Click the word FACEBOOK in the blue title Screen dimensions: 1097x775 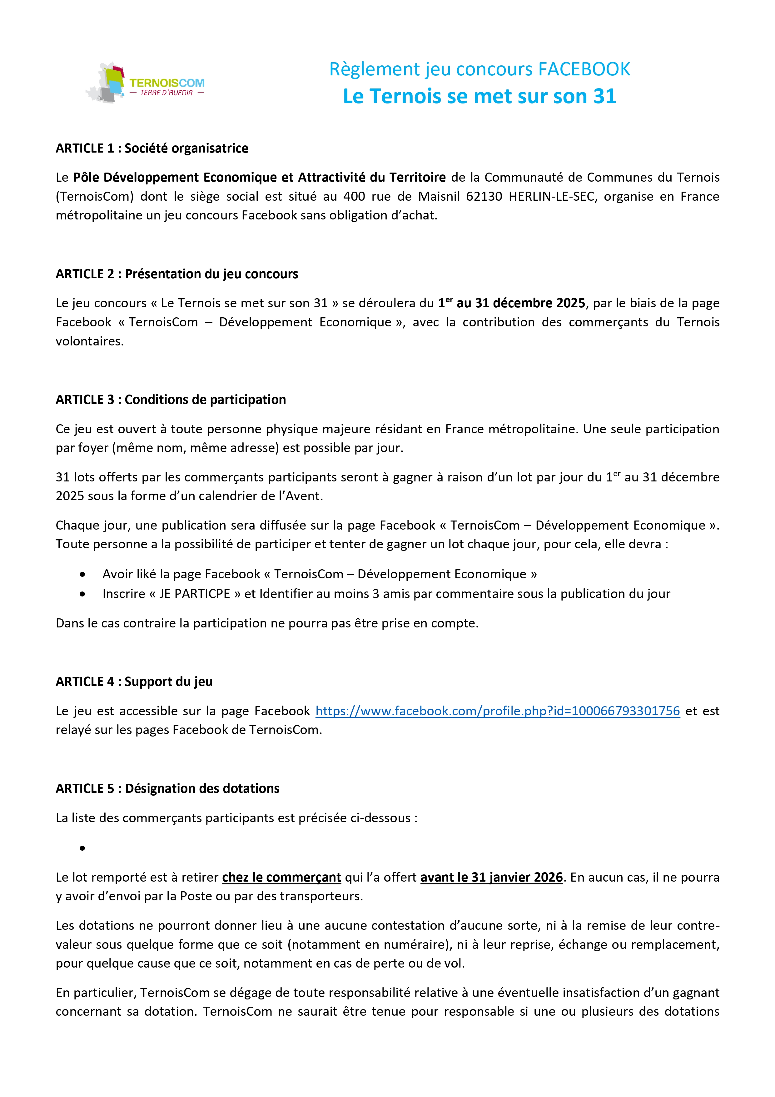[x=584, y=69]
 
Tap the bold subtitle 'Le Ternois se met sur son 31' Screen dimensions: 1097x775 [x=479, y=97]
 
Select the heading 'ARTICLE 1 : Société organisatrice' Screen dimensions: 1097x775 [x=152, y=148]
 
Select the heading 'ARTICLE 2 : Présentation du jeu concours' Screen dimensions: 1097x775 [x=177, y=274]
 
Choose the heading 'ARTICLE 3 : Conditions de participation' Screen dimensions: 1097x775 [x=171, y=400]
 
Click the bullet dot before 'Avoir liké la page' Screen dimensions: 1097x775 [x=82, y=574]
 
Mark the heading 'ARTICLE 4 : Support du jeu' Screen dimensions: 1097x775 [x=134, y=682]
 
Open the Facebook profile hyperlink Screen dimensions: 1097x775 [x=498, y=711]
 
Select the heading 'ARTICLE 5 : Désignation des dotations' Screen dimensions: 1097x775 [x=168, y=789]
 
